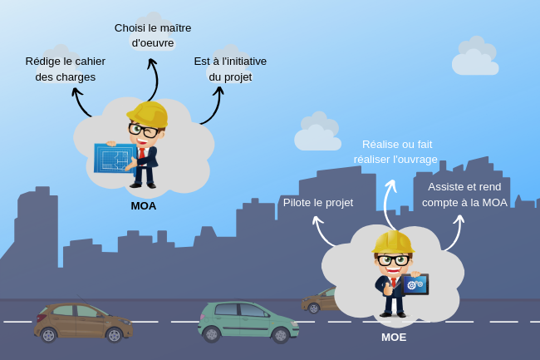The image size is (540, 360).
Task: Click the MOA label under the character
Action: coord(143,205)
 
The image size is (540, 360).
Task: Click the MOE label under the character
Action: coord(394,337)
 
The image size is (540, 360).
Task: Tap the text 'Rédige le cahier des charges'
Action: coord(66,69)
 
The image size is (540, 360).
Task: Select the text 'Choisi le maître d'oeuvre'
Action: coord(153,35)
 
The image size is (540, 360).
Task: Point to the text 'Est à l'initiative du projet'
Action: coord(230,69)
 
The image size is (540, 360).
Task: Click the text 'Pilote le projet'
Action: coord(318,202)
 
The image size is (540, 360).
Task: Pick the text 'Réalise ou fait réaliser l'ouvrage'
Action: coord(395,151)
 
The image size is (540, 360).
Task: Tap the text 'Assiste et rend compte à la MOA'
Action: coord(464,195)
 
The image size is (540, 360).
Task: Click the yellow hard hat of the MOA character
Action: coord(150,113)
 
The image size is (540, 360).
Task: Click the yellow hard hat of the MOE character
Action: coord(393,242)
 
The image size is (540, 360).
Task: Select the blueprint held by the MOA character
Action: coord(115,157)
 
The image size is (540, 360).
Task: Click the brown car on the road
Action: coord(81,321)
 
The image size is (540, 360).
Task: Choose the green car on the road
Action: coord(248,321)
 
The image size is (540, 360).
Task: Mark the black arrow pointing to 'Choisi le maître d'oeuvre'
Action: coord(153,79)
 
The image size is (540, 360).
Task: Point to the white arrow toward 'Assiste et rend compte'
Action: coord(455,233)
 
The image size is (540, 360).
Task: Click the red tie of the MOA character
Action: coord(143,155)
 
